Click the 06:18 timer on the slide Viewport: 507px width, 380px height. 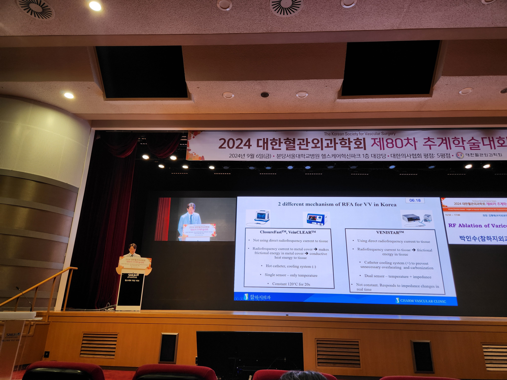(415, 200)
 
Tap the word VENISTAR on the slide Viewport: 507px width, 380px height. (388, 232)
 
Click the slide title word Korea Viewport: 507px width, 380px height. (388, 205)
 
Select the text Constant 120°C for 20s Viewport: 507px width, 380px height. (291, 284)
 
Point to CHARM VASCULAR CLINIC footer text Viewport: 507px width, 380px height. (423, 301)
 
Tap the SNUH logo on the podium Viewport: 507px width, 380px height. (133, 275)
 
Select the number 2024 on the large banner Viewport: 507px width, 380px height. (235, 144)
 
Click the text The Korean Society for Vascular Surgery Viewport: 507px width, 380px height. (359, 134)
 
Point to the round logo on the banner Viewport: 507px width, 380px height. (459, 155)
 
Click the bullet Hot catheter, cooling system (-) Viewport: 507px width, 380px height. (291, 266)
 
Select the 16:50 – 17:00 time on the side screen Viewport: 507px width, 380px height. (452, 215)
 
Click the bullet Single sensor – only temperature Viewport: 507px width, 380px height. (291, 275)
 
